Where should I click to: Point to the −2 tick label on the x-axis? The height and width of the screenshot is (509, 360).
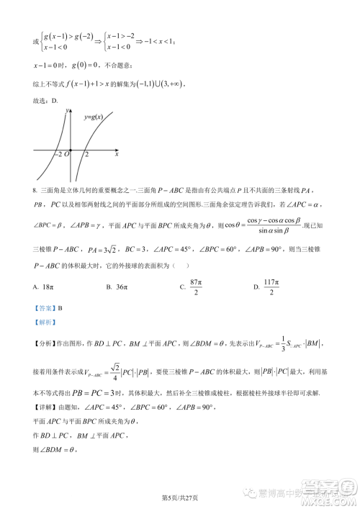[x=57, y=154]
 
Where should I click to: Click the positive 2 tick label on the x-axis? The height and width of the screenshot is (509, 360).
[x=86, y=154]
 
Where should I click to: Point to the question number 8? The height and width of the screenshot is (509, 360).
[x=35, y=190]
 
